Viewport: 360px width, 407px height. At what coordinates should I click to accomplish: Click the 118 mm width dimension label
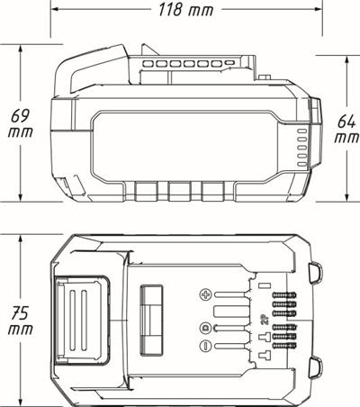pyautogui.click(x=186, y=10)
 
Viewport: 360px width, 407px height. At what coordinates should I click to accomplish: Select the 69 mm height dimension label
pyautogui.click(x=21, y=123)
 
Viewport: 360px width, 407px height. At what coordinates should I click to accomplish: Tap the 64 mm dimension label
pyautogui.click(x=346, y=129)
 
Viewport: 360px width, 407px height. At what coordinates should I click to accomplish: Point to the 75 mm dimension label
pyautogui.click(x=21, y=321)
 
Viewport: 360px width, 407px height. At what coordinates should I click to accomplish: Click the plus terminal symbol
pyautogui.click(x=206, y=294)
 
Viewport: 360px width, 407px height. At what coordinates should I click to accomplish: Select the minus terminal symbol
pyautogui.click(x=205, y=346)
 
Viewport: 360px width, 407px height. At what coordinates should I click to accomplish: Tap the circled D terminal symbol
pyautogui.click(x=205, y=328)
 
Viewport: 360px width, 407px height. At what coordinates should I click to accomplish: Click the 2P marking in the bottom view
pyautogui.click(x=265, y=321)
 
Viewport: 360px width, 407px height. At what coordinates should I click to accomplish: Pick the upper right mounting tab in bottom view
pyautogui.click(x=316, y=272)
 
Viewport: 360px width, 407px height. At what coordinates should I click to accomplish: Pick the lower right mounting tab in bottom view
pyautogui.click(x=316, y=367)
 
